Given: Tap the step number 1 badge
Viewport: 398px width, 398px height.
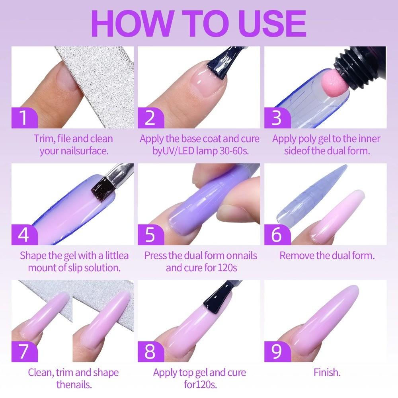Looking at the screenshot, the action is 24,118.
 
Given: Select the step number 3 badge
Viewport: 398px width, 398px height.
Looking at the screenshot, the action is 277,118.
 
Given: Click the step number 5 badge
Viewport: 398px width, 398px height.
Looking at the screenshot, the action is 150,235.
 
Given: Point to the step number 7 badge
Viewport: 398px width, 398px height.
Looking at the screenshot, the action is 24,352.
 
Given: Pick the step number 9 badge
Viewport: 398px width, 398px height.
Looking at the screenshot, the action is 277,352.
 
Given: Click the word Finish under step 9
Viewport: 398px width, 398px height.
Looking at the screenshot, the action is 327,373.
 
